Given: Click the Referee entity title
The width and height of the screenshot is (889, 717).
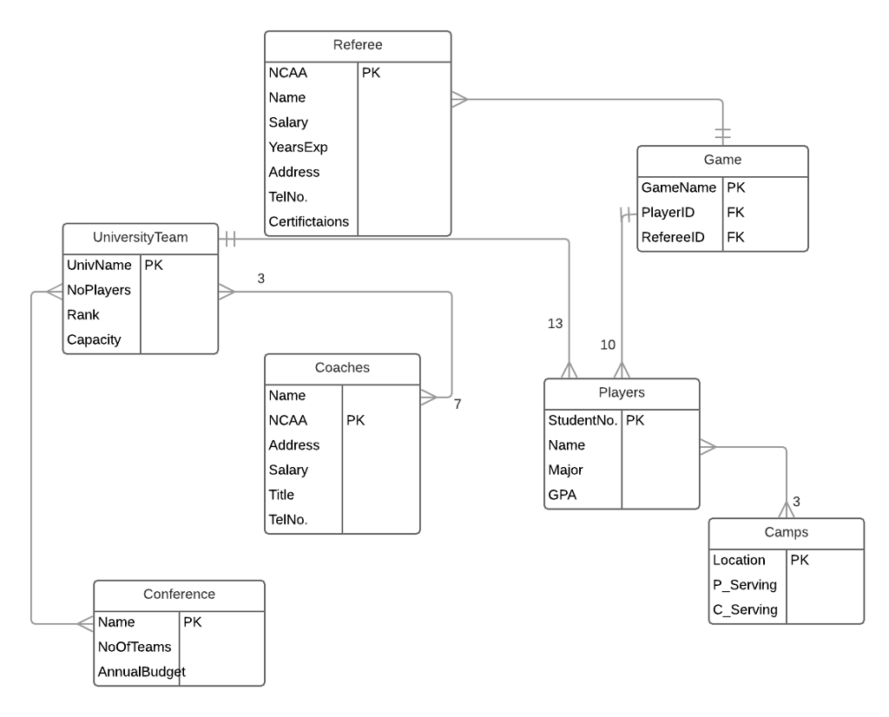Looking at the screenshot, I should point(358,45).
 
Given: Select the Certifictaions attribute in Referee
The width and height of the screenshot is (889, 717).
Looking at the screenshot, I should point(309,221).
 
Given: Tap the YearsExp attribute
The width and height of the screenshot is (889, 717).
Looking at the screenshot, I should point(298,148).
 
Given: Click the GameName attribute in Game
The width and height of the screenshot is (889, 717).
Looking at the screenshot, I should point(679,187).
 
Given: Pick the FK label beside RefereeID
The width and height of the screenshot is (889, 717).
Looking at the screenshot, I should point(735,237).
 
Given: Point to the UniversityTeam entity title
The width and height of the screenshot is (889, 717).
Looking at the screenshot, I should point(140,236).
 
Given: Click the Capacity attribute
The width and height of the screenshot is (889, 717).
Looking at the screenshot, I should point(95,339).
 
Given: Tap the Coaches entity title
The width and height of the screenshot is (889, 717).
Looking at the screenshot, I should point(342,367).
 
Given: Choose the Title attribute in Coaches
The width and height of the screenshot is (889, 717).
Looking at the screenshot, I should point(281,495).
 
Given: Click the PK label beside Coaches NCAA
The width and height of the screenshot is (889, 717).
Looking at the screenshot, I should point(355,420).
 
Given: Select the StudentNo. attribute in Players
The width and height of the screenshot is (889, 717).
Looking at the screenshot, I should point(583,420).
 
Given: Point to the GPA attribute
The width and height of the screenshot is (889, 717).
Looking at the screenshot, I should point(562,495).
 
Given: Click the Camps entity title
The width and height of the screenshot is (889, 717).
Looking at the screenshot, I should point(786,532).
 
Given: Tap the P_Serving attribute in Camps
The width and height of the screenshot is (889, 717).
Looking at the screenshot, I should point(744,585).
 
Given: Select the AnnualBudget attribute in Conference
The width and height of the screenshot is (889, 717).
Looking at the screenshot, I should point(142,671).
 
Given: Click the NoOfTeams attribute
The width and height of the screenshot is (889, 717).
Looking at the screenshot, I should point(135,646).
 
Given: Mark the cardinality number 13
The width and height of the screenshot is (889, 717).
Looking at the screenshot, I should point(555,324).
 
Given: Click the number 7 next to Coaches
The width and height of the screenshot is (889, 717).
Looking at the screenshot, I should point(457,404).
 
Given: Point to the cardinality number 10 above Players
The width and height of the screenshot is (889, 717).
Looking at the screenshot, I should point(608,345).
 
